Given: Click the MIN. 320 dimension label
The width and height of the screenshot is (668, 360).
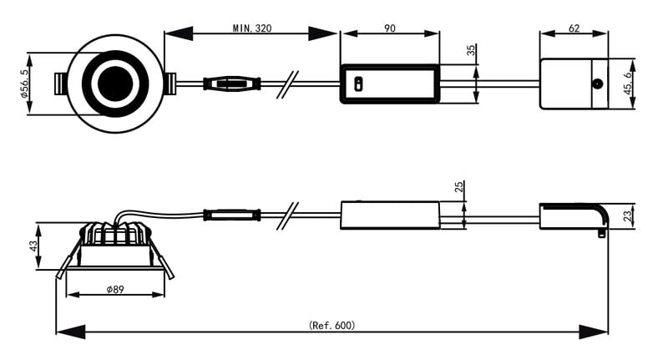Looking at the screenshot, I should click(251, 28).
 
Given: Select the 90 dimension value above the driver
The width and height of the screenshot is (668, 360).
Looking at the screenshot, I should click(389, 28).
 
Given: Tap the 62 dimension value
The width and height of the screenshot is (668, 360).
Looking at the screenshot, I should click(574, 28).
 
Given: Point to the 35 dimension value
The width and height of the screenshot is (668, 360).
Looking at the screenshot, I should click(471, 51).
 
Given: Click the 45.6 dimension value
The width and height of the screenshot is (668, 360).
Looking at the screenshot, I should click(628, 84).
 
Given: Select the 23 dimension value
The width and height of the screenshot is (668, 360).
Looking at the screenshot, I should click(627, 216).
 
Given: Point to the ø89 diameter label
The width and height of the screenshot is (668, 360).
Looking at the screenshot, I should click(115, 290).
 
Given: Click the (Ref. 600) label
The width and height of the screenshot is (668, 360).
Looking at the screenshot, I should click(331, 325).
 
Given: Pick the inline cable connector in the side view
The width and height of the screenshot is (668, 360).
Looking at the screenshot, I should click(231, 215).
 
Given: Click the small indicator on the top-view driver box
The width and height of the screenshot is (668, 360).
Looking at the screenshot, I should click(357, 84).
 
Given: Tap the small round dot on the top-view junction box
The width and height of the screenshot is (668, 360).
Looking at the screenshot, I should click(597, 84).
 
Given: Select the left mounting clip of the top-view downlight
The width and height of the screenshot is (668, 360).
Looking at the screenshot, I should click(60, 84).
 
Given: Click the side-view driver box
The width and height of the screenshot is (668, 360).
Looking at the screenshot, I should click(389, 215).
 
